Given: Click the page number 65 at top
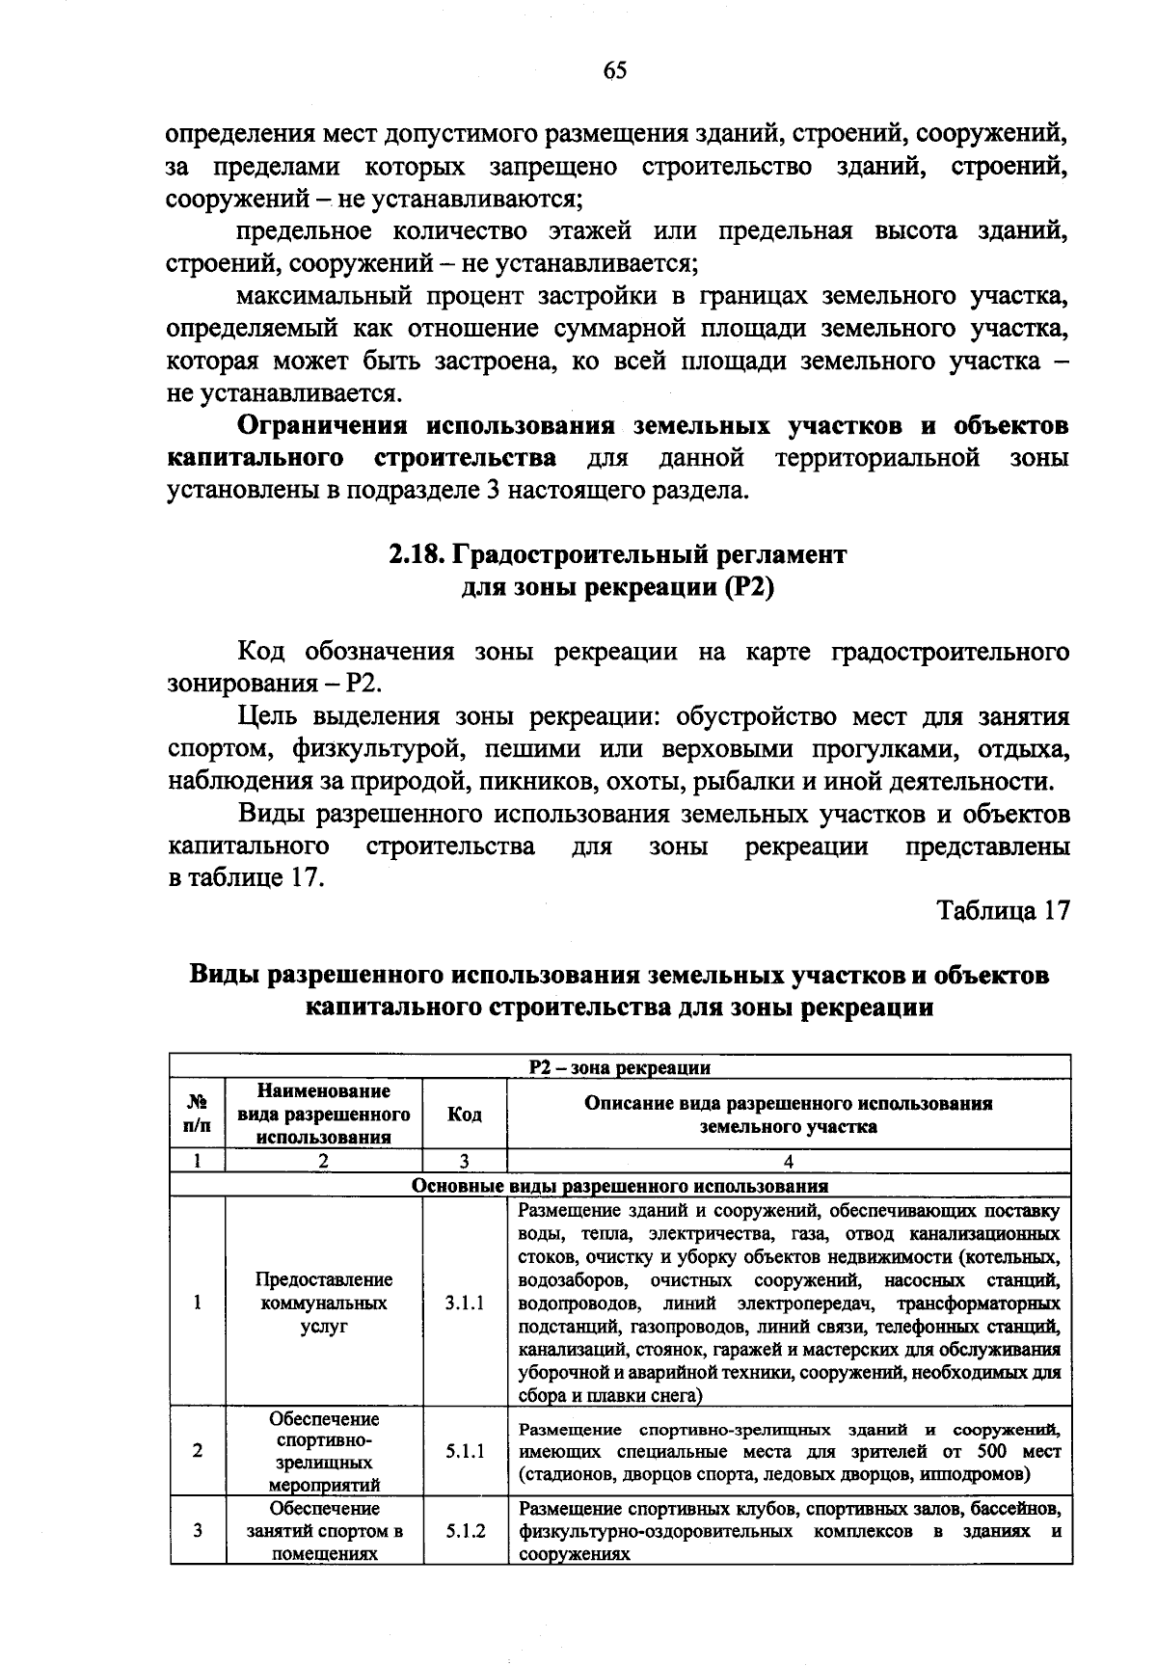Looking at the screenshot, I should point(615,69).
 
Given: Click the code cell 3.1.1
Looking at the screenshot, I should point(465,1303).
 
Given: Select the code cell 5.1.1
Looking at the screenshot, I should point(465,1451).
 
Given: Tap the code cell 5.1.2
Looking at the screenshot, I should point(465,1530).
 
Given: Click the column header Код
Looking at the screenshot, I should point(465,1115).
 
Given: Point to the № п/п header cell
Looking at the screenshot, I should point(198,1115).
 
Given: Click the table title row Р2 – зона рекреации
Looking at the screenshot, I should point(620,1067).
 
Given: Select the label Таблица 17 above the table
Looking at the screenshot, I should point(1004,911).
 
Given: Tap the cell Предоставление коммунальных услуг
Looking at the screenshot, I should point(324,1303).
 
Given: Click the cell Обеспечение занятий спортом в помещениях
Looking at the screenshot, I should point(324,1530).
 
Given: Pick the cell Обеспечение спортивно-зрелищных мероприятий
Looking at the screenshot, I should point(324,1451).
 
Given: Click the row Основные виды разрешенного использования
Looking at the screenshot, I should point(620,1186).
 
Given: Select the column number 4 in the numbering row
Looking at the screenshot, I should point(789,1162).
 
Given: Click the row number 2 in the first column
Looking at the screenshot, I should point(198,1451).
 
